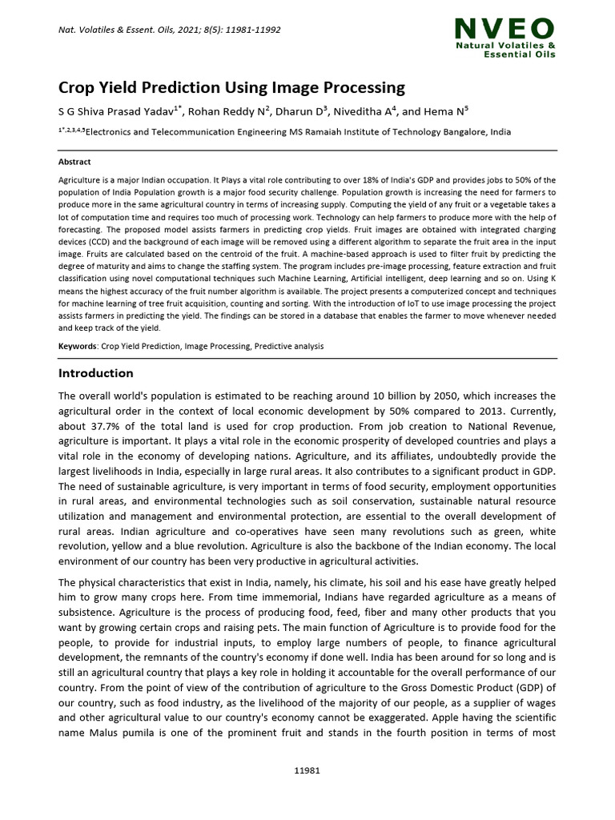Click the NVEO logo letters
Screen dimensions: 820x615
tap(504, 30)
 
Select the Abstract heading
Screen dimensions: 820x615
tap(74, 162)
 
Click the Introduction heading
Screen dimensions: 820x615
tap(96, 373)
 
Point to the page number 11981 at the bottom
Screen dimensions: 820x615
tap(307, 770)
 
